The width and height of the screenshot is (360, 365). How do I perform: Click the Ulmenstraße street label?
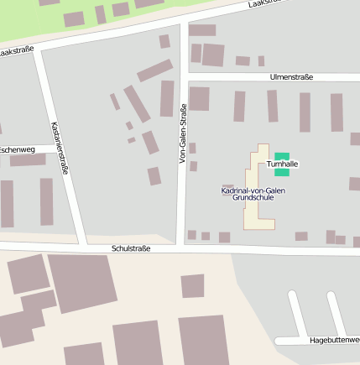(x=291, y=76)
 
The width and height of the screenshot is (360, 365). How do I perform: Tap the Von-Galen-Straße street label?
(x=183, y=133)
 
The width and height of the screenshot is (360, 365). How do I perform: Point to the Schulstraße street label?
(x=130, y=249)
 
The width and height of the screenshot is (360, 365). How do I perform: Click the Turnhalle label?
(x=283, y=164)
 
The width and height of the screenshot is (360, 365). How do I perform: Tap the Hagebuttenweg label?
(x=334, y=340)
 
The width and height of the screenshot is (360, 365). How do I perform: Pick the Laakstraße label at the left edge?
(x=17, y=50)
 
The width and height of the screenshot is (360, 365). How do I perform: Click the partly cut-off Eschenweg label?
(x=17, y=149)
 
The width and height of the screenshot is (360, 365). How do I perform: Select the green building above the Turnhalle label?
(x=282, y=156)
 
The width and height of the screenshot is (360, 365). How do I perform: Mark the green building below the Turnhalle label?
(x=282, y=173)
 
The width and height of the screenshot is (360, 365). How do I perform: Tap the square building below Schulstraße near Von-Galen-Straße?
(x=192, y=286)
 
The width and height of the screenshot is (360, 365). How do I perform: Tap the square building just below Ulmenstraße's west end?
(x=199, y=98)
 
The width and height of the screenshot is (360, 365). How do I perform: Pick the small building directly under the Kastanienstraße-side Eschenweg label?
(x=28, y=159)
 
